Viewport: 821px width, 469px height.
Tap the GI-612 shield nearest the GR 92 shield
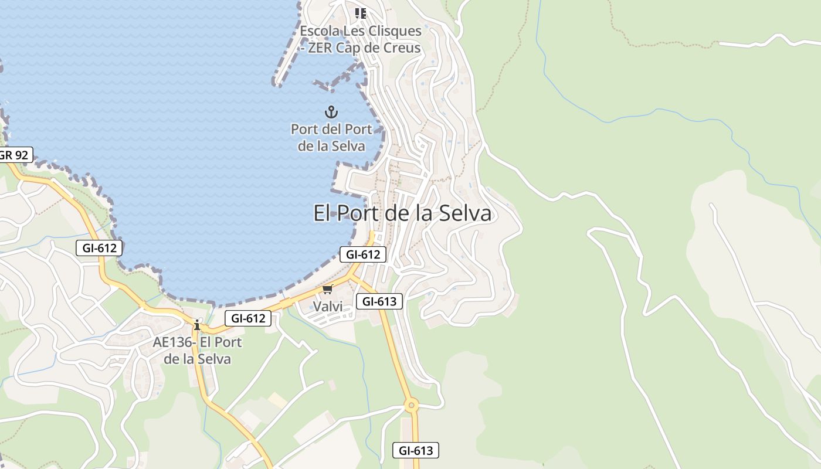coord(99,248)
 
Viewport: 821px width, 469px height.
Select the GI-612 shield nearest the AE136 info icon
coord(248,318)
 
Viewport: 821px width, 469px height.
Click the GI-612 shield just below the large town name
coord(363,254)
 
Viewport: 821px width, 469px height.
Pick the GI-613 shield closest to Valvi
coord(379,302)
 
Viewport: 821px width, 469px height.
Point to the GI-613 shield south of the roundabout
coord(415,450)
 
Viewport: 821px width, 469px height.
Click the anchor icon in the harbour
coord(331,111)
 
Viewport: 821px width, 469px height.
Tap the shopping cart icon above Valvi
coord(327,290)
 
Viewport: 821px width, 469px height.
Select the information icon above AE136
coord(197,325)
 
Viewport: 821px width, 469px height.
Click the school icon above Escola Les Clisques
coord(361,13)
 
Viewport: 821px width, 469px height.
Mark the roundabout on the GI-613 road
coord(412,405)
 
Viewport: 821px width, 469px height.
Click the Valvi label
coord(327,307)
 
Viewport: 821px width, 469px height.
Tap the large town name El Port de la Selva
coord(402,213)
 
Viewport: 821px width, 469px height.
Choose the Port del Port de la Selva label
coord(331,138)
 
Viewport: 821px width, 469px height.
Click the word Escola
coord(320,31)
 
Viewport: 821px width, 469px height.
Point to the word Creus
coord(402,48)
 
